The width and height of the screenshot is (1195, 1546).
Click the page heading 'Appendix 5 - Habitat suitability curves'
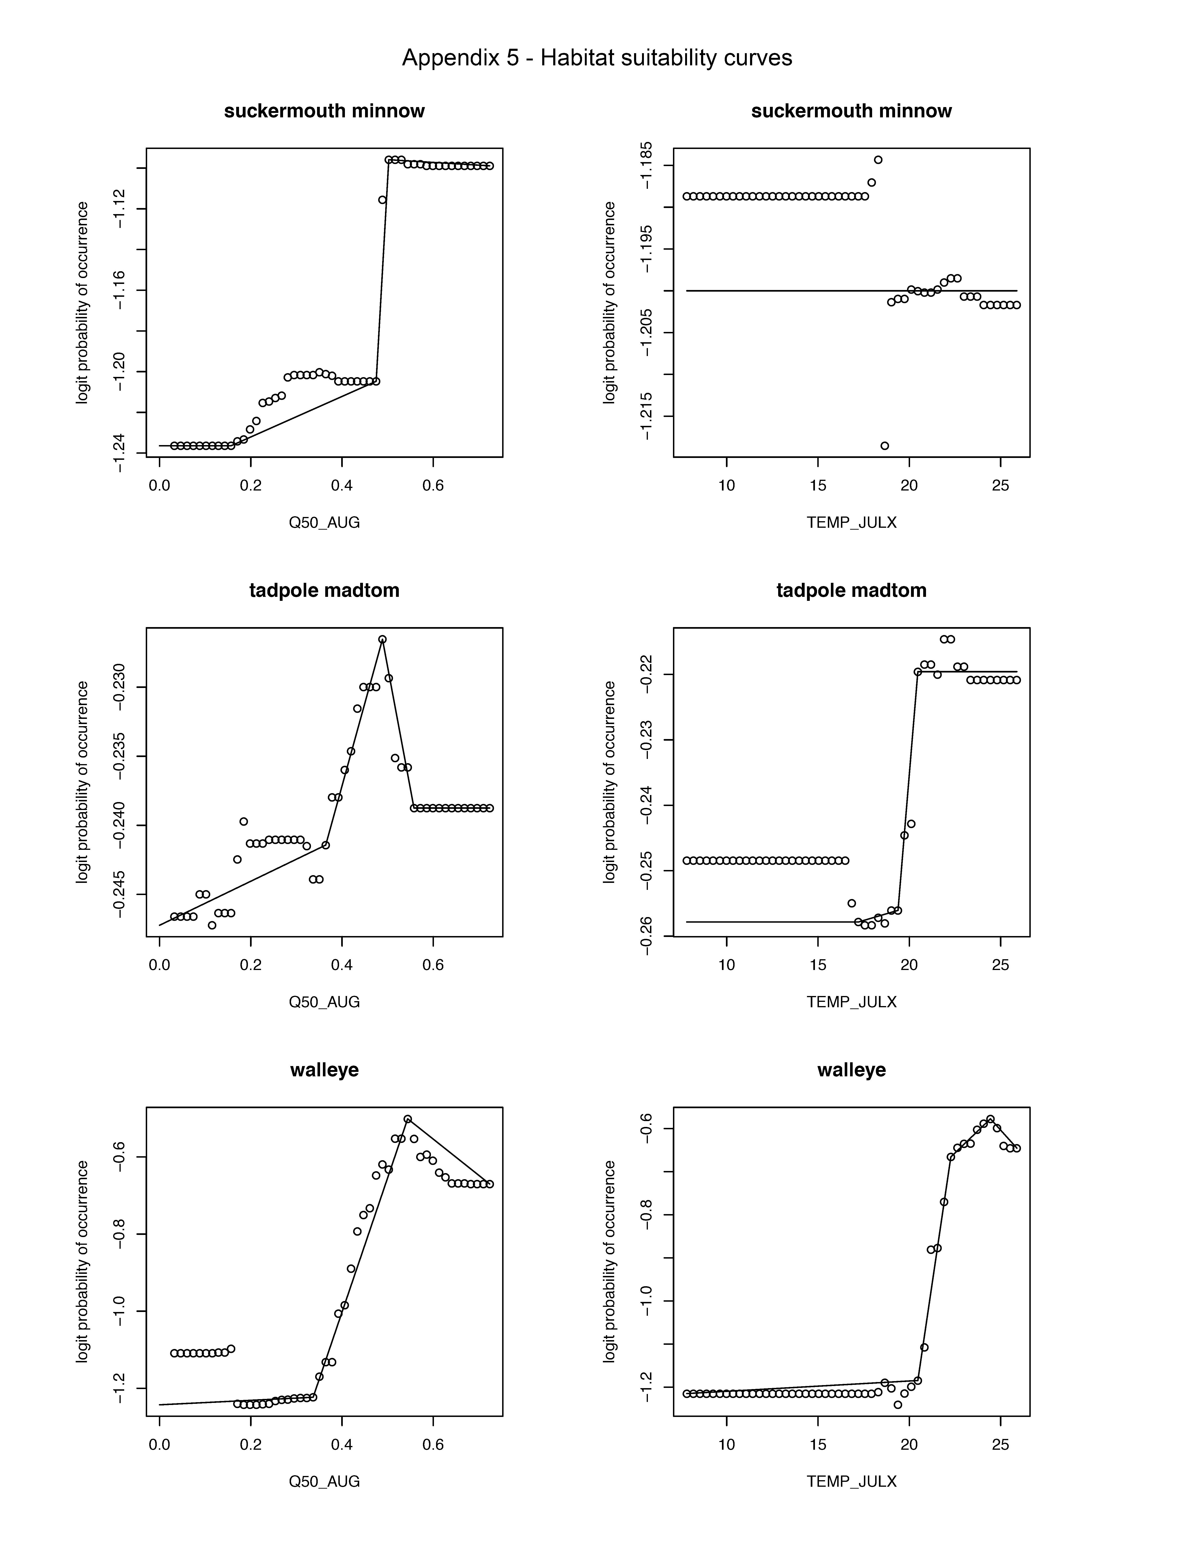click(597, 57)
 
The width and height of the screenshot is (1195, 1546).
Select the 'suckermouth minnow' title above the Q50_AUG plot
click(324, 111)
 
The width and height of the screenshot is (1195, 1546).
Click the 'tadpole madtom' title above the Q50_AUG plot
click(324, 590)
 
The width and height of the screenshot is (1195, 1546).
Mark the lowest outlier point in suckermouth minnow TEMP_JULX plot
click(884, 445)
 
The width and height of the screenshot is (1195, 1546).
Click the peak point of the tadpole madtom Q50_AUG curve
click(382, 639)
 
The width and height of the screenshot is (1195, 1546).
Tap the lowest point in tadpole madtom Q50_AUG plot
click(212, 925)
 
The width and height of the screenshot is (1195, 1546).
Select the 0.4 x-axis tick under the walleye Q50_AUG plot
click(342, 1444)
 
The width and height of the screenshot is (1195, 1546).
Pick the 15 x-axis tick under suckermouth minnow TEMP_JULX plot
click(818, 486)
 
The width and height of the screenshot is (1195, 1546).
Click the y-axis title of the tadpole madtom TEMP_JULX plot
click(609, 782)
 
